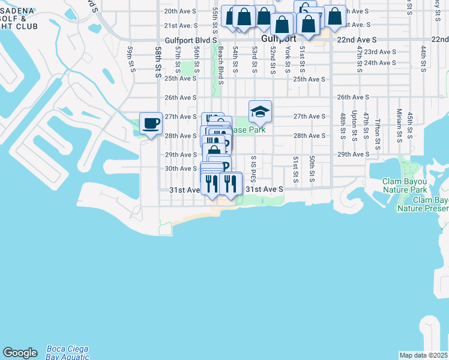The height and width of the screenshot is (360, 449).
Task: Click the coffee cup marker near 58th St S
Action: tap(150, 124)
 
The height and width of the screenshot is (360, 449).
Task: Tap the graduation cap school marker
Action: tap(260, 112)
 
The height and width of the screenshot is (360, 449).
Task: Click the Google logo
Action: tap(20, 353)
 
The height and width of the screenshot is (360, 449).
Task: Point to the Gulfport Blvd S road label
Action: tap(191, 39)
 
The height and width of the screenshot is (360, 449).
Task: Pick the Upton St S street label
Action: tap(354, 124)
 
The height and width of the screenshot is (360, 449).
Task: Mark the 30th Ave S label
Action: tap(181, 169)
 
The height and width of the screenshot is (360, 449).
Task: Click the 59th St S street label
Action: tap(130, 58)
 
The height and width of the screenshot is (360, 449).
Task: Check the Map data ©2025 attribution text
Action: tap(424, 355)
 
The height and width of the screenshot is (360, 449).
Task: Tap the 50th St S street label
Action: tap(312, 169)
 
